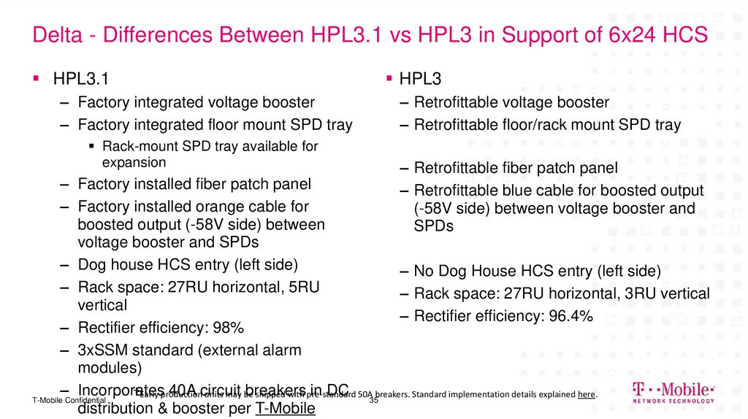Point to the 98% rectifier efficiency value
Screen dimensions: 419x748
229,326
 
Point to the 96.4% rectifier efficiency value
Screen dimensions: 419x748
567,316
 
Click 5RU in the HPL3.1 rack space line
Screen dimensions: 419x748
302,287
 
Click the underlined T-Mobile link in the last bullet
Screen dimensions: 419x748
285,408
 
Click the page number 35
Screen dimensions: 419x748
373,401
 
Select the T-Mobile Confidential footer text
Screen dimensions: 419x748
70,401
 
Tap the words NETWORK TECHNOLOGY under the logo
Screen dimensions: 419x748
673,401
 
